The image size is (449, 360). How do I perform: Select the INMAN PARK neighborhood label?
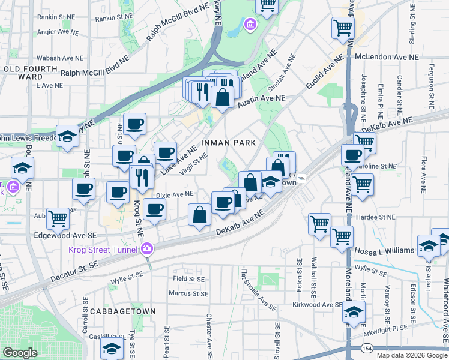[229, 143]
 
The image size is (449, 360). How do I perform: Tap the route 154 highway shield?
[366, 348]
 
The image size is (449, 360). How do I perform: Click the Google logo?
[20, 353]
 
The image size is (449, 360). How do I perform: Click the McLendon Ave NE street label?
[387, 57]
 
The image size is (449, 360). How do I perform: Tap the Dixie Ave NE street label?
[175, 194]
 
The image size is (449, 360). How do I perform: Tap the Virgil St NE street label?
[193, 163]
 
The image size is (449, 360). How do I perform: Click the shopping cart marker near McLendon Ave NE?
[343, 26]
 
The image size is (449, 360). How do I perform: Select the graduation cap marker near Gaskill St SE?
[112, 346]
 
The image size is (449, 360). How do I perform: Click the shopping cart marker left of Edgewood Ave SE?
[58, 218]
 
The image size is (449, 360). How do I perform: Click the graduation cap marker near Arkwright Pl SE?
[354, 312]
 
